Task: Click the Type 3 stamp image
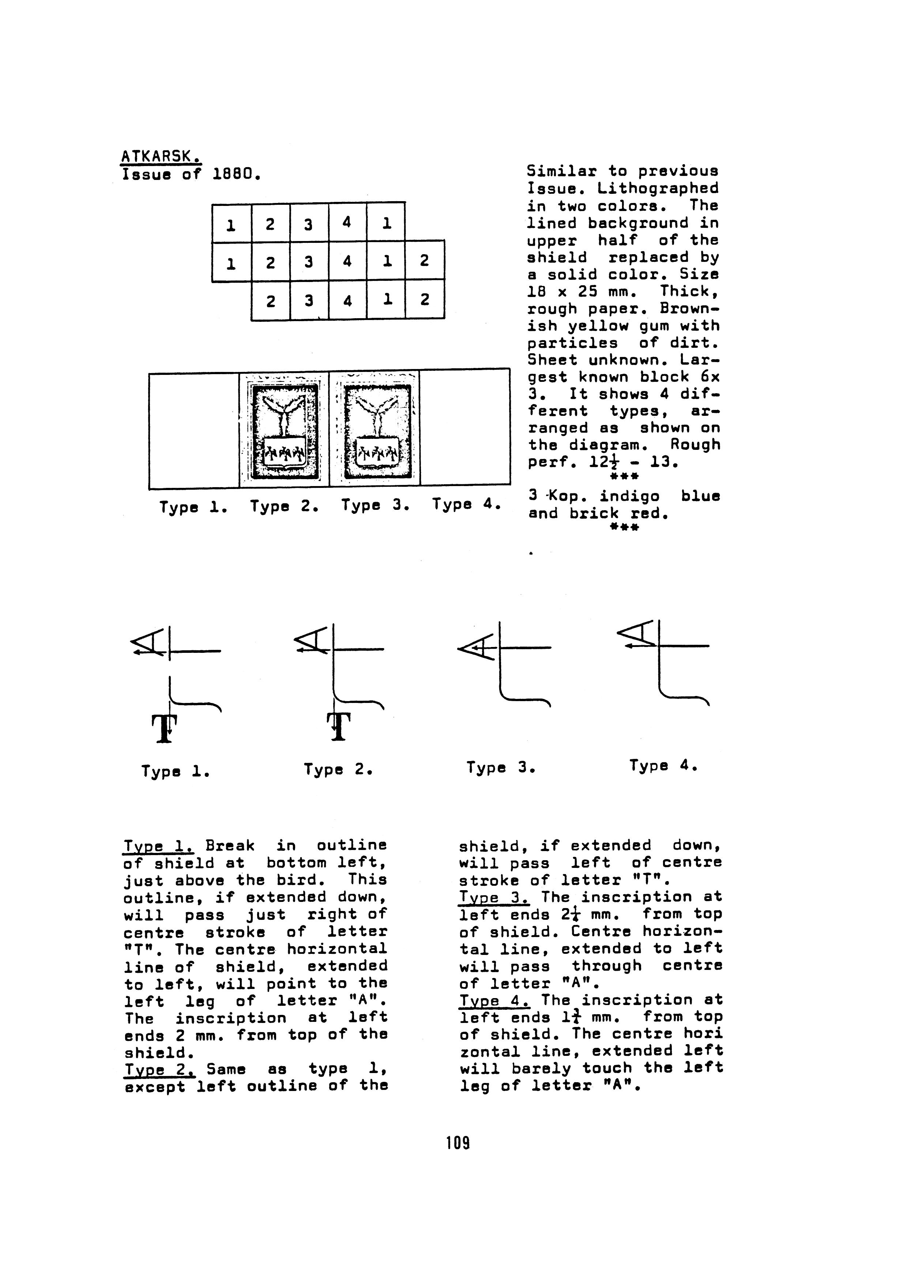click(x=375, y=429)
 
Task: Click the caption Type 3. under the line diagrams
click(x=501, y=767)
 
